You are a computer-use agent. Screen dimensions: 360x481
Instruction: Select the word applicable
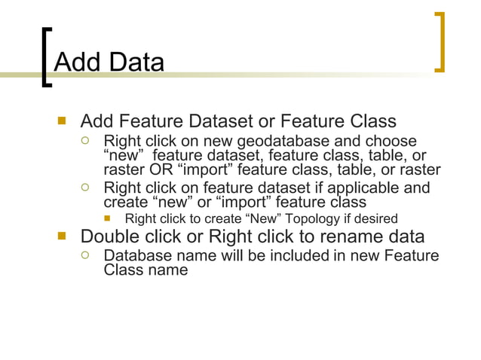(x=360, y=188)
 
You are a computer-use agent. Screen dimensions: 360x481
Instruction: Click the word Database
(x=138, y=257)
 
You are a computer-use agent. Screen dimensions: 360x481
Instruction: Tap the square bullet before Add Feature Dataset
(x=62, y=121)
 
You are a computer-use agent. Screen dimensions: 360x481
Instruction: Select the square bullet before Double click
(x=62, y=237)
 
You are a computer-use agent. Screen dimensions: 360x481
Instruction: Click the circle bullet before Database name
(x=87, y=257)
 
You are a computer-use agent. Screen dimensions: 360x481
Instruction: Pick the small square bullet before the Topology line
(x=109, y=219)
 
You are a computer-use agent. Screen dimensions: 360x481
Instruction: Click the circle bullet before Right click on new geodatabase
(x=87, y=142)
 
